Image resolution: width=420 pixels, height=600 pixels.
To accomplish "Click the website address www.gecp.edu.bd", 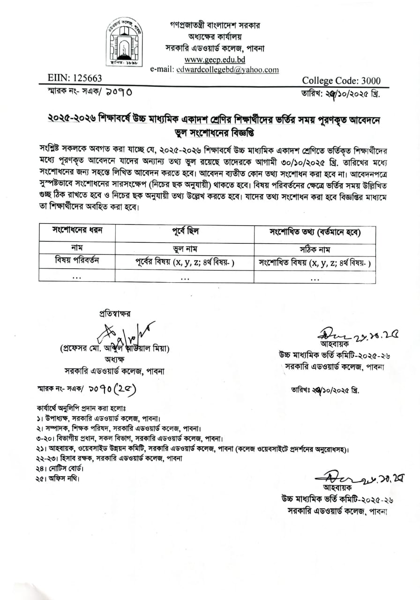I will tap(215, 60).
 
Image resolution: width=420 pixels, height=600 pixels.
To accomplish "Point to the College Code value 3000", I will tap(367, 81).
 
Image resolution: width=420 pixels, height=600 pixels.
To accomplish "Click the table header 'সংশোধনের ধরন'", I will tap(77, 231).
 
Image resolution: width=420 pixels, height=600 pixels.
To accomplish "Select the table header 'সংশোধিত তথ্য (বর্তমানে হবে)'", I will tap(315, 232).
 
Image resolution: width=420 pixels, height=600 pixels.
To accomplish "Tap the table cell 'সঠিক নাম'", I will tap(315, 249).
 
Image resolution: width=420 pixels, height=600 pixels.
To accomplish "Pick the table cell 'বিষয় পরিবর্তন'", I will tap(77, 261).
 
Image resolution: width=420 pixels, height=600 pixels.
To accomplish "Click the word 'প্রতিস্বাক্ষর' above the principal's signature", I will tap(115, 313).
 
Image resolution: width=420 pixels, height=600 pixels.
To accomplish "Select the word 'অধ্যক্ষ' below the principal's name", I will tap(115, 360).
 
